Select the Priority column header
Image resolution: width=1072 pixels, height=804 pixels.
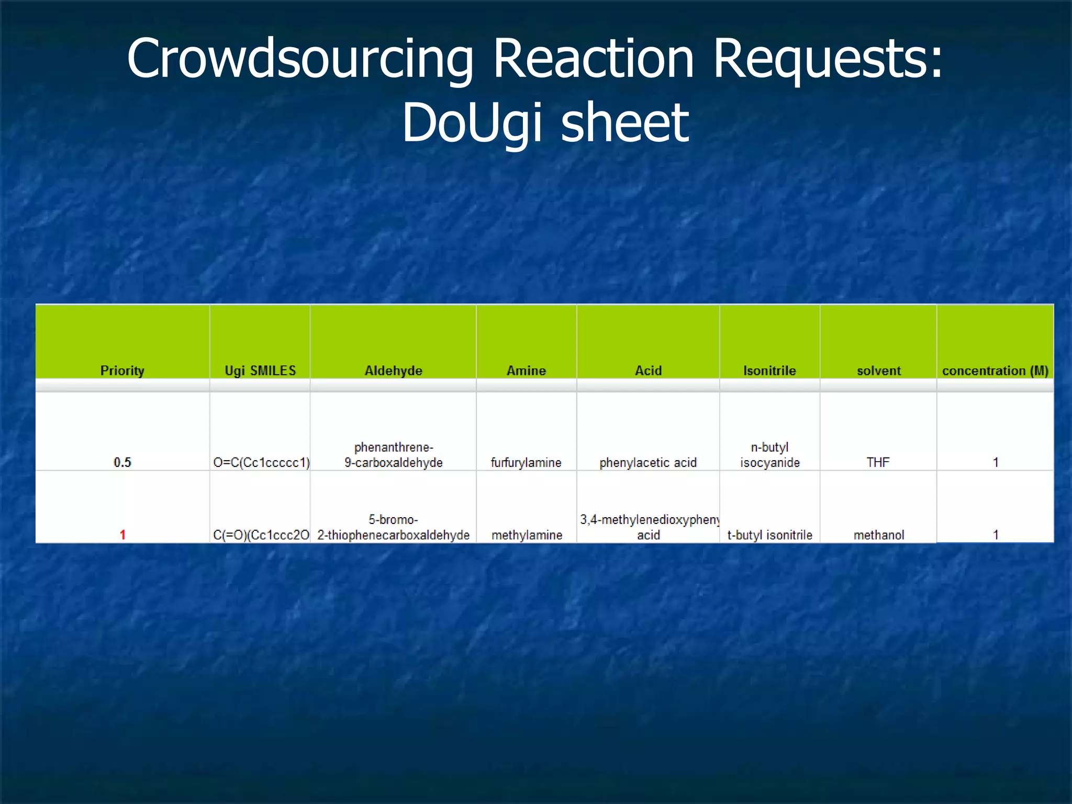click(122, 371)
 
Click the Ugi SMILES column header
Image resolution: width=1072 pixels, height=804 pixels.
click(260, 371)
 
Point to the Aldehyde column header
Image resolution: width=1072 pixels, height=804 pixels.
click(393, 371)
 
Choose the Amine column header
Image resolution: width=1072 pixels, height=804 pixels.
click(526, 371)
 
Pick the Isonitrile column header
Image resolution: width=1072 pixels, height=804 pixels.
click(769, 371)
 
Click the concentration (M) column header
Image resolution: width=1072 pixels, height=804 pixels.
click(995, 371)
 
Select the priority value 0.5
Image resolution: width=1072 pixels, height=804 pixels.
click(122, 462)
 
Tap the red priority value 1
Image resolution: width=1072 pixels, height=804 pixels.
click(122, 534)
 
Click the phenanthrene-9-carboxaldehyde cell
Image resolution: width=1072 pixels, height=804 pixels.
click(393, 455)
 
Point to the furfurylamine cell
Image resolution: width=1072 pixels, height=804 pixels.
click(526, 462)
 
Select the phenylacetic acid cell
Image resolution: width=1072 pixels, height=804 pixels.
click(648, 462)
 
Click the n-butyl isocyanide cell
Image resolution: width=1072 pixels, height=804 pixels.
click(769, 455)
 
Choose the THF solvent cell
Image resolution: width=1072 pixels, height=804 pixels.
click(878, 462)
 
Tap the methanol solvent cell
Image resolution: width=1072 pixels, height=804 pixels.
click(879, 534)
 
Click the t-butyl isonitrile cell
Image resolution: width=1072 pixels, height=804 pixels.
click(769, 534)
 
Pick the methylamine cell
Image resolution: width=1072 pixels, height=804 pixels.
click(527, 534)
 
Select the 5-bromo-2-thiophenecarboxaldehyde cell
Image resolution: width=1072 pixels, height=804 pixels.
click(393, 527)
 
